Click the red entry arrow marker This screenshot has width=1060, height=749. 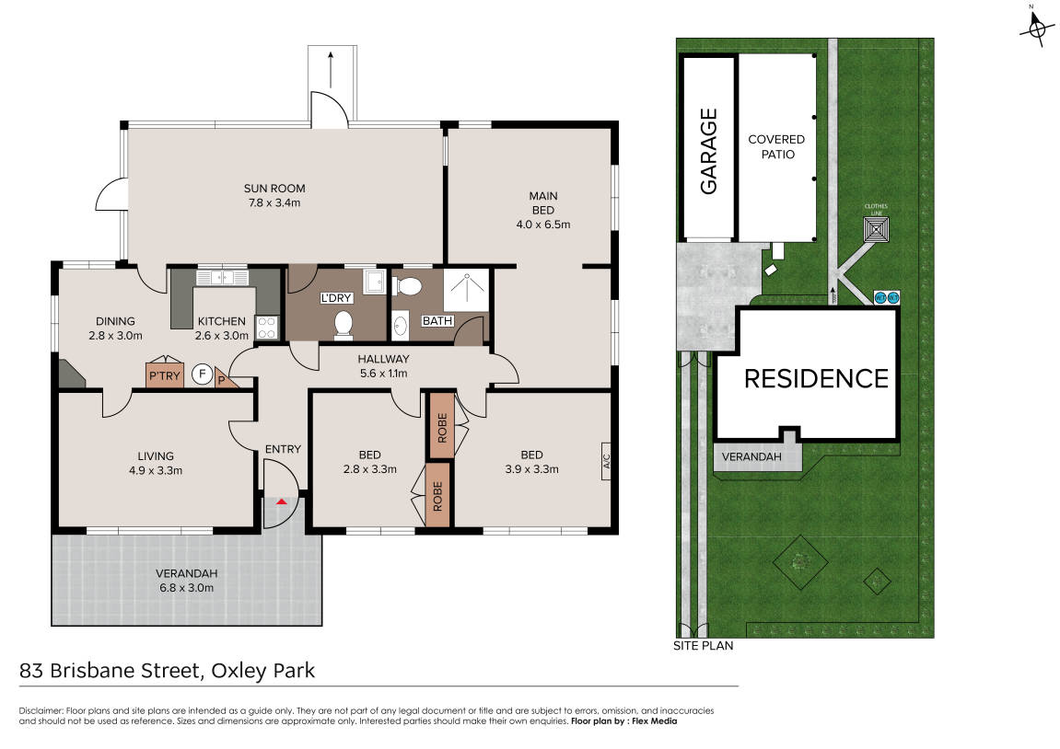[x=282, y=501]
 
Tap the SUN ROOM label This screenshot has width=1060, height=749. [x=274, y=189]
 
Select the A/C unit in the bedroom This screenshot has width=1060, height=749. [x=606, y=461]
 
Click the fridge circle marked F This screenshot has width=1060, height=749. [x=202, y=374]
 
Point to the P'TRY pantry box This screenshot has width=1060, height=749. [x=164, y=375]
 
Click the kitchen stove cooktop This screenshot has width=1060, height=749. [x=266, y=328]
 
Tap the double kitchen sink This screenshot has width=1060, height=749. [x=223, y=278]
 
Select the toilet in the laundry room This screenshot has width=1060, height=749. [x=344, y=324]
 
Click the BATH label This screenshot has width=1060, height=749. [x=437, y=321]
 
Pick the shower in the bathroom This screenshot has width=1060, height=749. [x=466, y=290]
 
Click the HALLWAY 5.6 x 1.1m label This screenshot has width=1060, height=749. [x=383, y=366]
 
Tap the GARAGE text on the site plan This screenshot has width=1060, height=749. [x=708, y=151]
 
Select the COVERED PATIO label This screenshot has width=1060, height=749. [x=776, y=146]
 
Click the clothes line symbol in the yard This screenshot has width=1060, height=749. [x=876, y=229]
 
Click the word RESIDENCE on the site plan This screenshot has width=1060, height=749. [x=816, y=379]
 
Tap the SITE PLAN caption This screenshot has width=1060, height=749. [x=703, y=646]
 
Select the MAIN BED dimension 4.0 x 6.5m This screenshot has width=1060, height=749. [x=542, y=225]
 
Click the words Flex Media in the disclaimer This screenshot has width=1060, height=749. [x=655, y=721]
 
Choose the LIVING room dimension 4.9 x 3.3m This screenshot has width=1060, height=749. [x=156, y=470]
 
